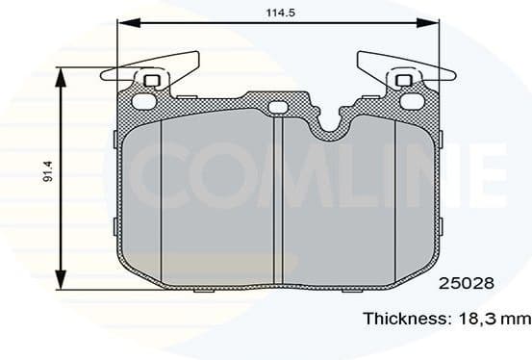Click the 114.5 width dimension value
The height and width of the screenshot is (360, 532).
[279, 12]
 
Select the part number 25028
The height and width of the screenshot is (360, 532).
[467, 284]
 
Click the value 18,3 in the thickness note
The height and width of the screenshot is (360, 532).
[482, 318]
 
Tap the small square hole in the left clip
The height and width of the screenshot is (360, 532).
[148, 80]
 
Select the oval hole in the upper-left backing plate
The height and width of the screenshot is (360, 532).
[141, 100]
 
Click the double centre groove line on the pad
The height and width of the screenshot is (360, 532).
[277, 193]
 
